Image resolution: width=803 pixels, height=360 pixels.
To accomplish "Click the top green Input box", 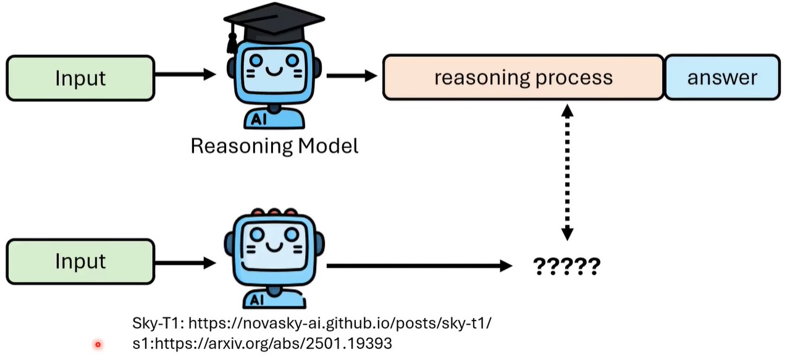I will pos(80,78).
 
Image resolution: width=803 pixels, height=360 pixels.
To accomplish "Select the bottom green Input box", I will pos(80,262).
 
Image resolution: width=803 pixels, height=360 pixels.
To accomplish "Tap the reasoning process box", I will pos(523,77).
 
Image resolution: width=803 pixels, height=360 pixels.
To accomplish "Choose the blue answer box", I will pos(722,77).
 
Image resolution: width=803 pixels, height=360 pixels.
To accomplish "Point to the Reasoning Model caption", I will pos(274,146).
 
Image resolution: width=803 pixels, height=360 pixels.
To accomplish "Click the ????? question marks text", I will pos(566,266).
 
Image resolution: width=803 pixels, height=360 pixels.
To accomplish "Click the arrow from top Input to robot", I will pos(185,75).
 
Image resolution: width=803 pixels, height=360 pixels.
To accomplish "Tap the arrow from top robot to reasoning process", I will pos(351,76).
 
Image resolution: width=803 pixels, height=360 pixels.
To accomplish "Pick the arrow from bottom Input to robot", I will pos(185,262).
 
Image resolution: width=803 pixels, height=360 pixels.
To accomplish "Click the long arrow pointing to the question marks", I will pos(420,266).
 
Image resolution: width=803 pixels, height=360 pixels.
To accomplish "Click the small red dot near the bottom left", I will pos(98,345).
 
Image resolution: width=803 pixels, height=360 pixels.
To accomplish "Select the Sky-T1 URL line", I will pos(312,323).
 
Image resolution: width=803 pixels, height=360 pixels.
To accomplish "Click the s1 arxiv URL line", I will pos(263,343).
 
